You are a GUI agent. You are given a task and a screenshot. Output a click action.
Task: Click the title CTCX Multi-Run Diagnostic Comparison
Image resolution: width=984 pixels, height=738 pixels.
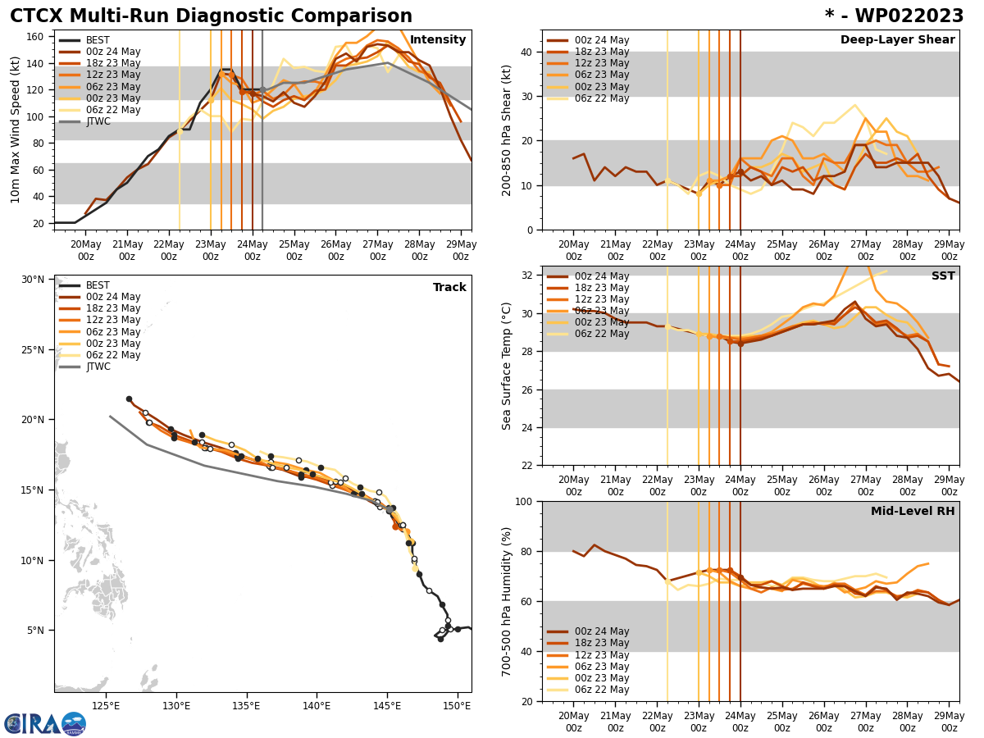(x=211, y=16)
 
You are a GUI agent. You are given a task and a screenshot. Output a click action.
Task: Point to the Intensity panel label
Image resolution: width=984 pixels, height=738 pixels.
(x=438, y=40)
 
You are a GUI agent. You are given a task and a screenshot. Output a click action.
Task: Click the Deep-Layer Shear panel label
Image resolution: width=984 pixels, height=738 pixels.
(x=897, y=40)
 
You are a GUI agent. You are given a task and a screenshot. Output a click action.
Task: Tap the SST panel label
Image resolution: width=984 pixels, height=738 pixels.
(x=942, y=276)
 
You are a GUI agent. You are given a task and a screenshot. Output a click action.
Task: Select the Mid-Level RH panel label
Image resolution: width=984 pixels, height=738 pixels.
(x=913, y=512)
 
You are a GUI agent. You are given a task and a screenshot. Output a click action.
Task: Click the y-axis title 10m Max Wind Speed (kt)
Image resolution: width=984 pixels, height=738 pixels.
(x=16, y=130)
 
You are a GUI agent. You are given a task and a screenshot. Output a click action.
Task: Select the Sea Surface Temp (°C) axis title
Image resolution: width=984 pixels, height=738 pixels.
(x=507, y=366)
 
